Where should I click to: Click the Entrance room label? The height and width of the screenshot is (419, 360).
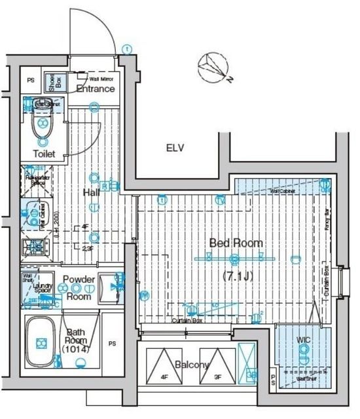(x=96, y=88)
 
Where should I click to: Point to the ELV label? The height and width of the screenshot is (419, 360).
(x=174, y=147)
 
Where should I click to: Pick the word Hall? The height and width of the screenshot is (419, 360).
(x=91, y=192)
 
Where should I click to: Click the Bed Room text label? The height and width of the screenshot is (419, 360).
(x=236, y=243)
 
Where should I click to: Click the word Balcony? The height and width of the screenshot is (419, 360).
(x=192, y=365)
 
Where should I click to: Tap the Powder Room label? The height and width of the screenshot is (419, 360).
(x=79, y=287)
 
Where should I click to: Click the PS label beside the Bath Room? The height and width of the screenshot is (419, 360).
(x=113, y=343)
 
